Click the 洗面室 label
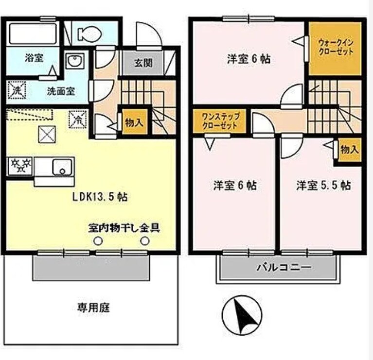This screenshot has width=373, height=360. pos(61,91)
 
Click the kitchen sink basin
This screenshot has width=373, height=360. pos(62,167)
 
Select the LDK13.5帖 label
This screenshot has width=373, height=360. pos(100,197)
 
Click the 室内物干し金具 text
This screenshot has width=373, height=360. pos(124,227)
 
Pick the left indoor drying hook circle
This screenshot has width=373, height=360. pos(98,241)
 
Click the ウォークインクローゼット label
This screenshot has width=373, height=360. pos(336,48)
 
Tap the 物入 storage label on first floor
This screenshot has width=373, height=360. pos(134,122)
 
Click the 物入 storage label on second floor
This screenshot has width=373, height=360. pos(349,150)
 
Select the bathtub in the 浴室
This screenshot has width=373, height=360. pos(33,34)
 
